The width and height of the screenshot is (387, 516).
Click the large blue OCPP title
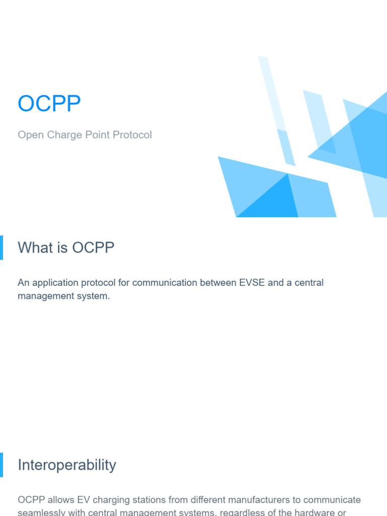tap(49, 104)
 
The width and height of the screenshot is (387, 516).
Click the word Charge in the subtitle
tap(62, 135)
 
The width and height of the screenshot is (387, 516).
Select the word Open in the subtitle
tap(30, 135)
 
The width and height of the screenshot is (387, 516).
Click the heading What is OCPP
tap(66, 247)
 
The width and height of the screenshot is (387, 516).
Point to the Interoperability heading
tap(67, 465)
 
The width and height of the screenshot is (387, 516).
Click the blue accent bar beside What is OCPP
tap(2, 247)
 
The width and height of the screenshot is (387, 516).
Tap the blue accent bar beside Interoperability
tap(2, 465)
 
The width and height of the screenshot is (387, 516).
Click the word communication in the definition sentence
tap(165, 283)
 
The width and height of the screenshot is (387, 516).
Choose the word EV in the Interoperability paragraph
tap(84, 500)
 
